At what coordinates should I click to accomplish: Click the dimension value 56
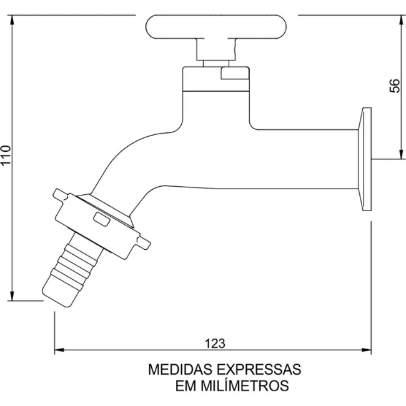(x=394, y=86)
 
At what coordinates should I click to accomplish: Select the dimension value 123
(x=214, y=344)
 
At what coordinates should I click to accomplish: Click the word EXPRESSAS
(x=256, y=369)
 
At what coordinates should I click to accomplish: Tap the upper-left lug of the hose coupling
(x=58, y=195)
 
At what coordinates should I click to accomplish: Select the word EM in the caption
(x=186, y=385)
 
